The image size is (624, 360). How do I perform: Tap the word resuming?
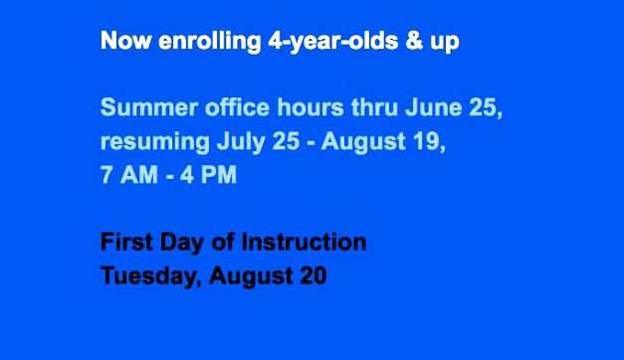coord(151,141)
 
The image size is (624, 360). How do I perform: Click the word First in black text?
coord(124,241)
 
